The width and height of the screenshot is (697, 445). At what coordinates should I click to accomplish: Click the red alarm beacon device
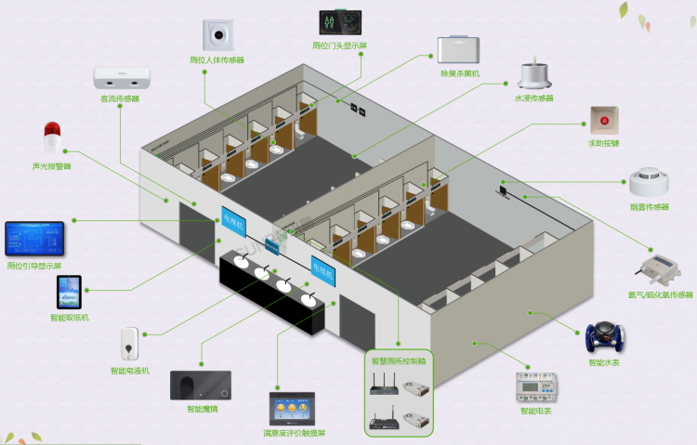coord(52,137)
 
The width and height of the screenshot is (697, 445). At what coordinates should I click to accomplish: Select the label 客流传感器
coord(120,98)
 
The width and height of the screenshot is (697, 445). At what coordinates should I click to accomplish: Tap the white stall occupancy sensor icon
coord(222,34)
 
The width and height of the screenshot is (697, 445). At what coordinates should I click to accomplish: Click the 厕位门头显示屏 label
coord(340,46)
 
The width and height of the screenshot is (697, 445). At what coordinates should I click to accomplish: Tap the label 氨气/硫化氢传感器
coord(661,294)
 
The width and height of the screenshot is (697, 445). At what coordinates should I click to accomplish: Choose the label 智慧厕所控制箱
coord(399,360)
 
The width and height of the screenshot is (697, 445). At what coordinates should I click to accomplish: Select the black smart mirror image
coord(201,385)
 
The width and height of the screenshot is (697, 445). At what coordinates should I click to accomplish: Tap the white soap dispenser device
coord(129,344)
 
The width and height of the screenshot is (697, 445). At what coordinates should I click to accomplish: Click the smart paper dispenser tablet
coord(69,293)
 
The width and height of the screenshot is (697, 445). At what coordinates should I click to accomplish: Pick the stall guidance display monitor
coord(34,240)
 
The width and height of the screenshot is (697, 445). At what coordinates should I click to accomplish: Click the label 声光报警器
coord(51,166)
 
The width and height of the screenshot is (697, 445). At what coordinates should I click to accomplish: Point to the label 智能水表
coord(603,363)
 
